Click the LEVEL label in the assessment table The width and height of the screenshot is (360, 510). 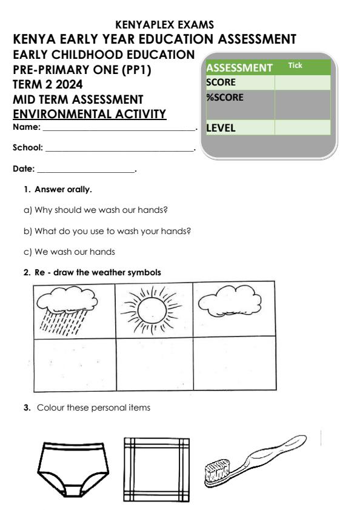222,128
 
